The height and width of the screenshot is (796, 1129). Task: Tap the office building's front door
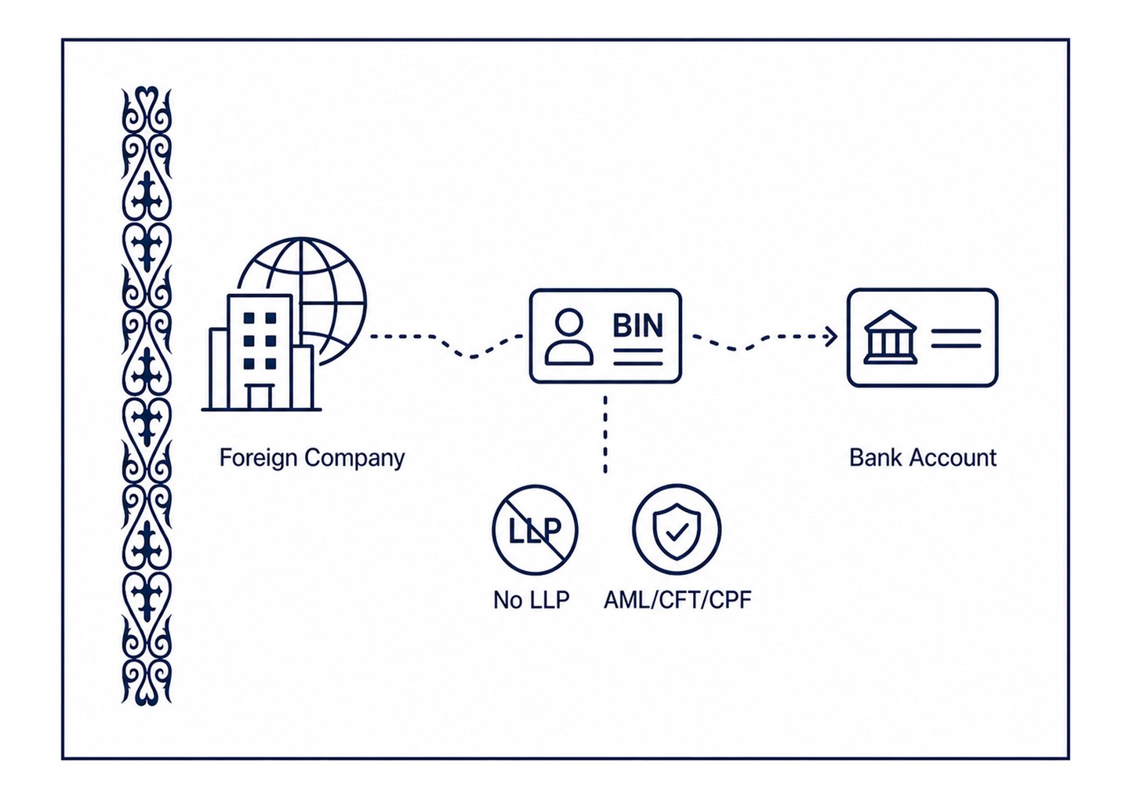[x=260, y=398]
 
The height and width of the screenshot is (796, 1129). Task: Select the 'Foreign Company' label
[x=312, y=459]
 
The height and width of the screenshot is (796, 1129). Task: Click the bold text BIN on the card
[x=637, y=325]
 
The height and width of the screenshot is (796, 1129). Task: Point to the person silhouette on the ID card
[x=569, y=336]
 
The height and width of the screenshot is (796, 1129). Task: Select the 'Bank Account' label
[x=923, y=458]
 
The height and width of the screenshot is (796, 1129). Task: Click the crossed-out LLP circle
[x=535, y=530]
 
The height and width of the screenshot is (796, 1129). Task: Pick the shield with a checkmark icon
[x=677, y=531]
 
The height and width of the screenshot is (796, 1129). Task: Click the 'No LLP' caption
[x=532, y=600]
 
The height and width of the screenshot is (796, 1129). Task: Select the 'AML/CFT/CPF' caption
[x=677, y=600]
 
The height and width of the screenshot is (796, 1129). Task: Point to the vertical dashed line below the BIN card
[x=604, y=434]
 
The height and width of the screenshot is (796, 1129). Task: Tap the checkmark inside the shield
[x=677, y=532]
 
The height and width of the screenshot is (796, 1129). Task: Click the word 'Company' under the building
[x=355, y=459]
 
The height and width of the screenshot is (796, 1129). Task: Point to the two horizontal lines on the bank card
[x=956, y=338]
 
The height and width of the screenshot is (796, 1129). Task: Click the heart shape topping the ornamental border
[x=146, y=96]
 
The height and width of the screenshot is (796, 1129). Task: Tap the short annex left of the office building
[x=218, y=369]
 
